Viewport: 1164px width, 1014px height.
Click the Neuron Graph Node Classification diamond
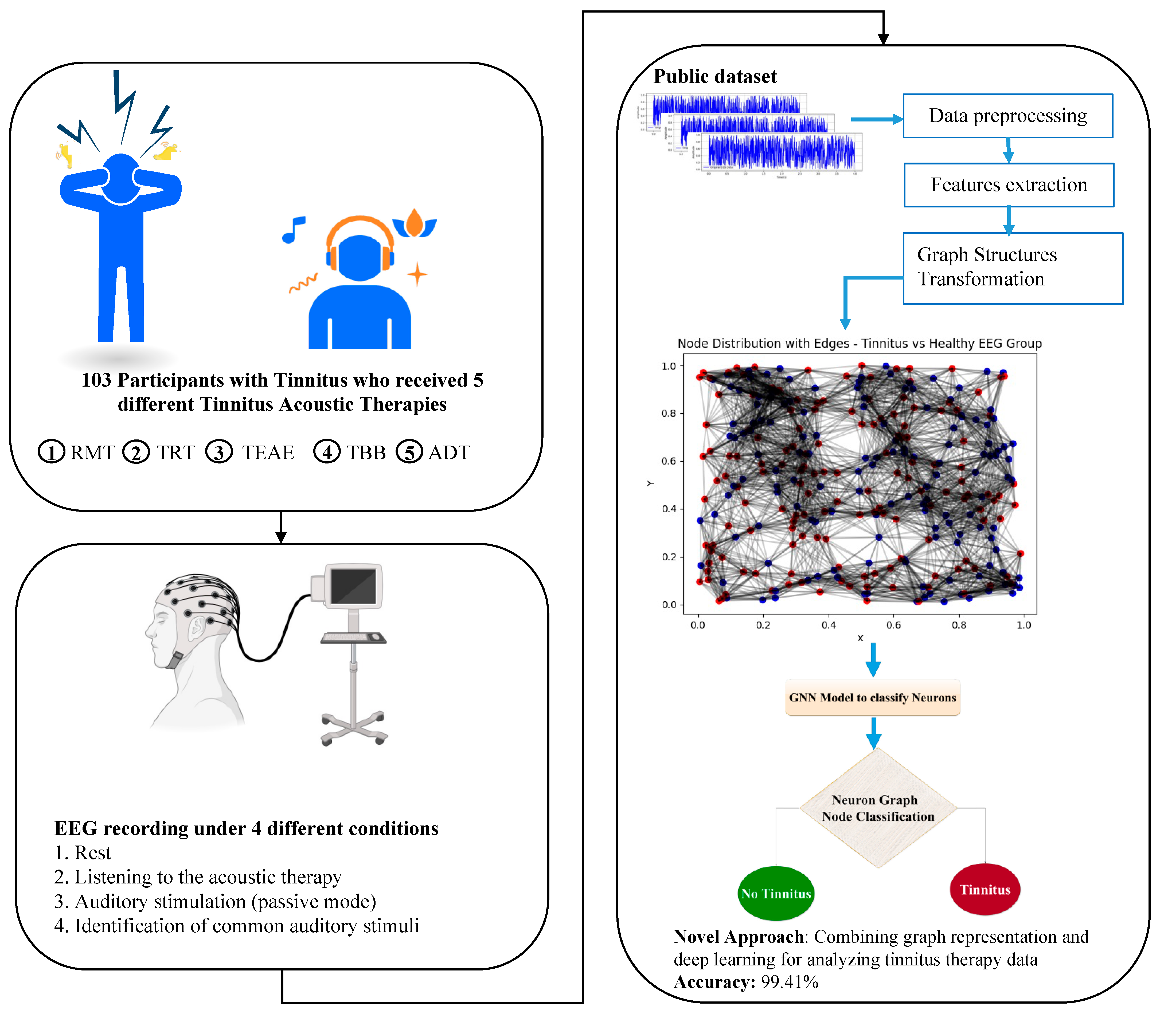pos(877,808)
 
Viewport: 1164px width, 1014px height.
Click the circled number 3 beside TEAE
pos(218,452)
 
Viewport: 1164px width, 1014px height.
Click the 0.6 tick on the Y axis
pos(669,461)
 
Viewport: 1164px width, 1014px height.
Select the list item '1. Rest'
pos(83,853)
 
